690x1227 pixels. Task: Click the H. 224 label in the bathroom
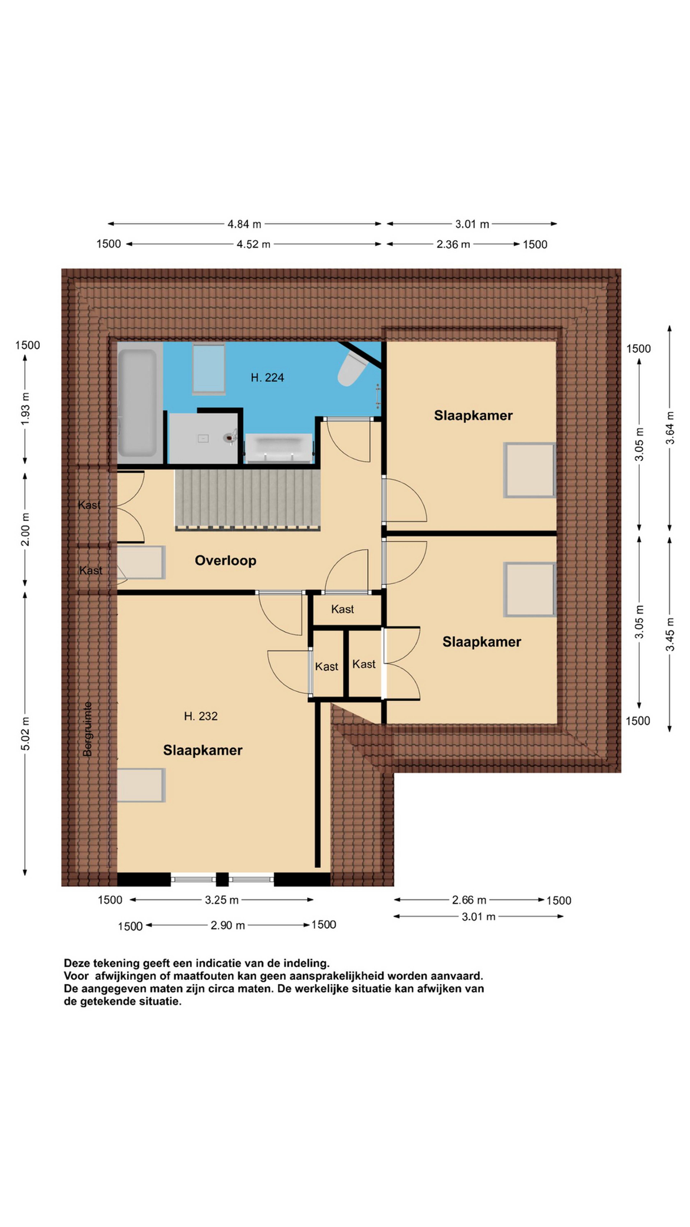[267, 378]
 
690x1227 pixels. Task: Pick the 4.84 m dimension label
[244, 224]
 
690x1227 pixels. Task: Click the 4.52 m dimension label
[253, 244]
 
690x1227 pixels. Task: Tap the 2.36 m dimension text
[453, 244]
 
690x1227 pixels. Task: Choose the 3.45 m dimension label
[670, 634]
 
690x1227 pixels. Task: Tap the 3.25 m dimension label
[221, 900]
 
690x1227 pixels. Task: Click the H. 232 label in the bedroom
[201, 716]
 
